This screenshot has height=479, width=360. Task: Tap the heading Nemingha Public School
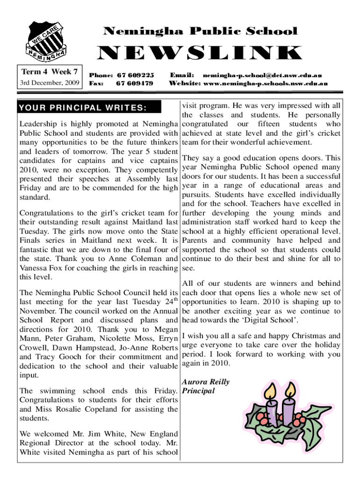pyautogui.click(x=200, y=31)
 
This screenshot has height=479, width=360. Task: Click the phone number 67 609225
pyautogui.click(x=135, y=75)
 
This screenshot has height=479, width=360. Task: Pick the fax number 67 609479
pyautogui.click(x=134, y=83)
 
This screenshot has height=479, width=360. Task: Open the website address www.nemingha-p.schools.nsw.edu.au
pyautogui.click(x=265, y=83)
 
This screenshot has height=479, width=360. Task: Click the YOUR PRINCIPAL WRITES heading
pyautogui.click(x=83, y=109)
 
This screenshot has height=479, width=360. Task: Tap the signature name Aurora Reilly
pyautogui.click(x=206, y=382)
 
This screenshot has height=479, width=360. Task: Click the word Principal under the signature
pyautogui.click(x=199, y=391)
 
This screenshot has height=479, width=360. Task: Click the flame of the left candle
pyautogui.click(x=269, y=390)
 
